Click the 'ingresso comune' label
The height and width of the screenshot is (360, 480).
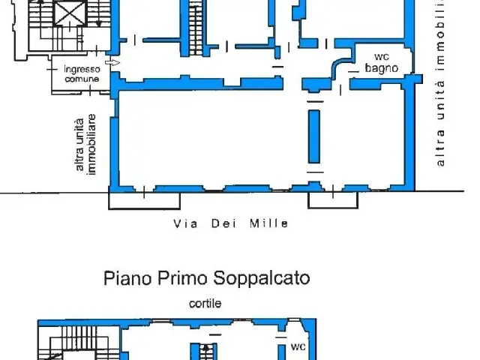pos(82,74)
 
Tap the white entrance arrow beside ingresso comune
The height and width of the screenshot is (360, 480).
pos(112,63)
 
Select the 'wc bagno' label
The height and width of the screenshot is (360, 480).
pos(382,63)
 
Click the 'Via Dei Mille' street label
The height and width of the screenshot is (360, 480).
pos(231,223)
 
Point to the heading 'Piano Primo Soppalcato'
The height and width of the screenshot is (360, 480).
pos(207,278)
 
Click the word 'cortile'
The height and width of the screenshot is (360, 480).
pos(205,304)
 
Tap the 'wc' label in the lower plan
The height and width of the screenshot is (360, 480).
pos(298,346)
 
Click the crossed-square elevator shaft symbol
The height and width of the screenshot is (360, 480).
pos(70,13)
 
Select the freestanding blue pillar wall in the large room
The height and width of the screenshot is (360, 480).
pos(314,136)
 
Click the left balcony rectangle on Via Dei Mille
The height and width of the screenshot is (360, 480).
pos(144,200)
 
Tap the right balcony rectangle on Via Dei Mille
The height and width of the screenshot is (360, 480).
pos(333,200)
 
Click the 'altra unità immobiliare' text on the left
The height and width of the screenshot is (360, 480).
pos(85,145)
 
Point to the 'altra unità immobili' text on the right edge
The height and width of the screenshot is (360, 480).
pos(440,82)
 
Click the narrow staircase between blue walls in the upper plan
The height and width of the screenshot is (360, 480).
pos(196,28)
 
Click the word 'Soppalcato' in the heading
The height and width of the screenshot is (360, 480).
pos(262,278)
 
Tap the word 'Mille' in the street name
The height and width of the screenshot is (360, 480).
pos(269,223)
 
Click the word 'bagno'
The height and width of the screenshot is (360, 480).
pos(382,68)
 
